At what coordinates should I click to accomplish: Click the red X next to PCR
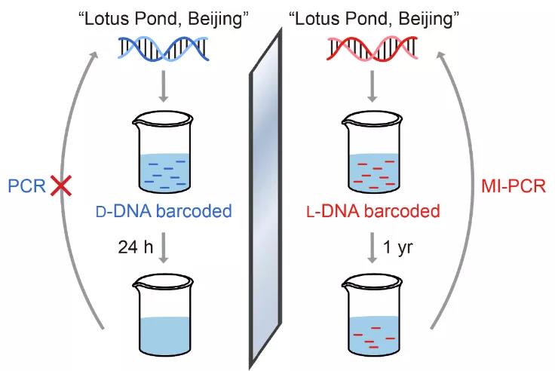pyautogui.click(x=58, y=186)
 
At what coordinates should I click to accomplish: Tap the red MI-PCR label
pyautogui.click(x=515, y=186)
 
